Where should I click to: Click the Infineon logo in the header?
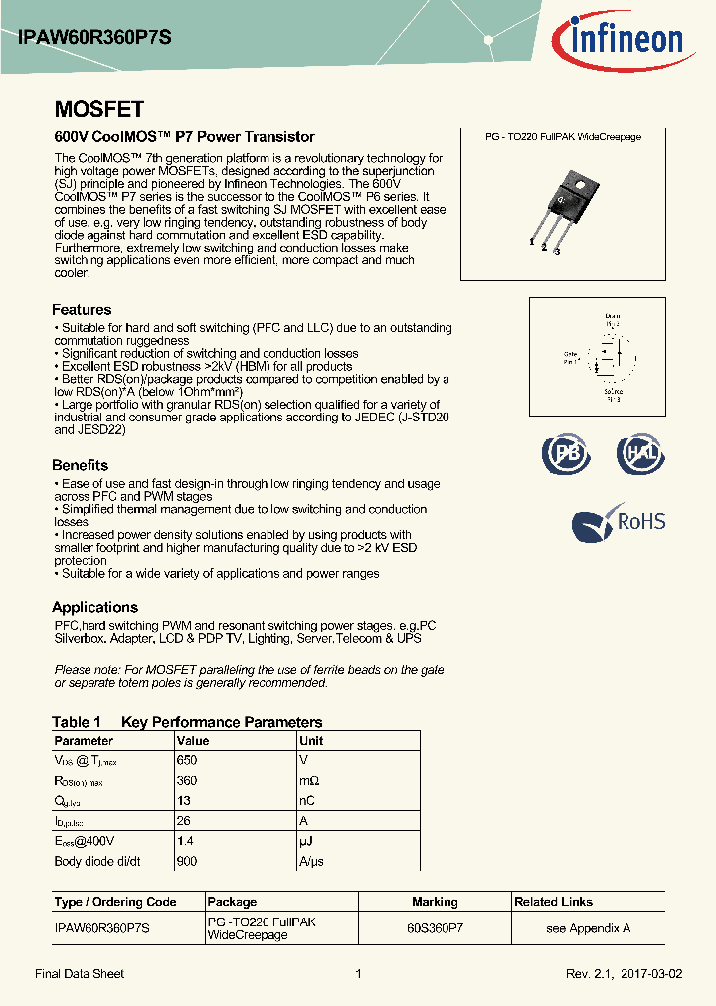click(x=625, y=40)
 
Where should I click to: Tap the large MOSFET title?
click(x=98, y=110)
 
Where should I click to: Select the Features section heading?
click(x=82, y=310)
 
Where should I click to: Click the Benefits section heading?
click(x=80, y=465)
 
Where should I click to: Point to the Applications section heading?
click(x=94, y=607)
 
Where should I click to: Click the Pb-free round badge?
click(x=566, y=454)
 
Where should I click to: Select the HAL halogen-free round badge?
click(x=639, y=454)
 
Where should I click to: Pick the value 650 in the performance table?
click(x=186, y=760)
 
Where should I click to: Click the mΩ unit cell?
click(x=310, y=781)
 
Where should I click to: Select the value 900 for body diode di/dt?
click(x=186, y=862)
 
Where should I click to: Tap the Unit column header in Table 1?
click(x=311, y=741)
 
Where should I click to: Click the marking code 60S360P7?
click(x=435, y=928)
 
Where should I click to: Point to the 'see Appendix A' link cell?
click(x=588, y=928)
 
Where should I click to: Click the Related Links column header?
click(x=553, y=902)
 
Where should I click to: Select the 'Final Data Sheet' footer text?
click(x=80, y=974)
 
